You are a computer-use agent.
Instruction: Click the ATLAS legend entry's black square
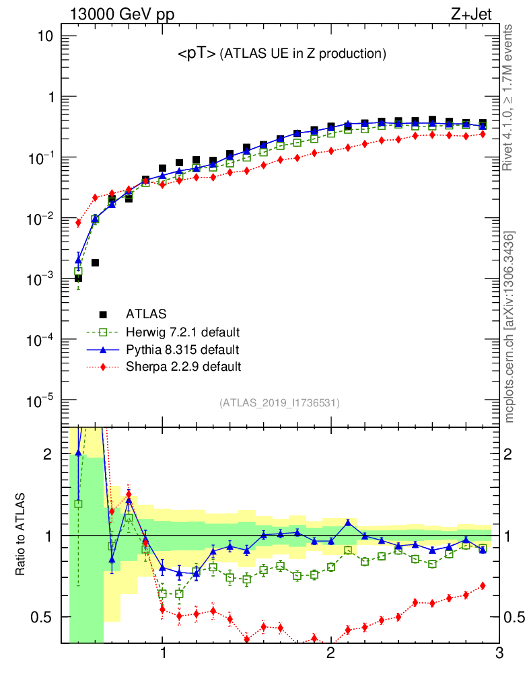pos(103,314)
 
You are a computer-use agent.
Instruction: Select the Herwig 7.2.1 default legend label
pos(183,332)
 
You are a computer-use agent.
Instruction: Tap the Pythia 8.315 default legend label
pos(182,350)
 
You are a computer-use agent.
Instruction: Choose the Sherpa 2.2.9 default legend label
pos(183,367)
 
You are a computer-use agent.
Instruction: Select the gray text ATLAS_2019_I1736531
pos(279,404)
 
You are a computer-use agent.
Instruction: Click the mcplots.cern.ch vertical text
pos(510,327)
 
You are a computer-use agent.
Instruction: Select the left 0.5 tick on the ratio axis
pos(42,617)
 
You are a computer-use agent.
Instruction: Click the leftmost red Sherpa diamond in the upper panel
pos(78,223)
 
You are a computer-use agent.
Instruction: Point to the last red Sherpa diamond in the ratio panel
pos(483,585)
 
